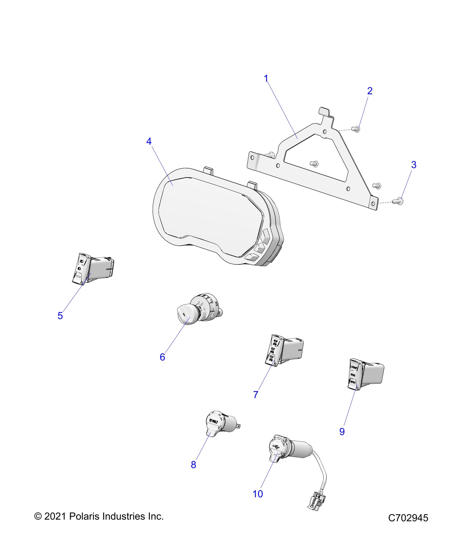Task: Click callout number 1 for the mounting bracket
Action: click(266, 79)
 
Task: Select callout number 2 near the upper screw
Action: click(370, 91)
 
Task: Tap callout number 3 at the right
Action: click(414, 165)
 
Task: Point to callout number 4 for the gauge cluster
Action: click(149, 142)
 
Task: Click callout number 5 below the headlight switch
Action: click(60, 316)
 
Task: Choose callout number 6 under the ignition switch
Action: click(162, 357)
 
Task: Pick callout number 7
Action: click(256, 395)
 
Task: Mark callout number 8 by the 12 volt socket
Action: click(193, 465)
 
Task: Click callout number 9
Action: click(342, 431)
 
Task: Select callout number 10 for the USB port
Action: click(258, 494)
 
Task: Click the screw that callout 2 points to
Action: click(357, 129)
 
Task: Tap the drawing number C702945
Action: click(408, 518)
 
